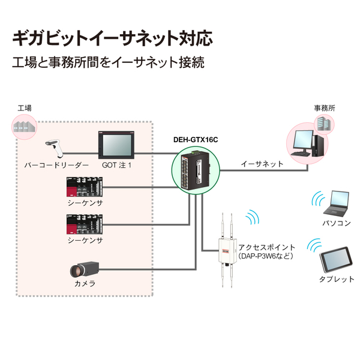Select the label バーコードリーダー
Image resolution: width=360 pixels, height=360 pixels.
point(56,164)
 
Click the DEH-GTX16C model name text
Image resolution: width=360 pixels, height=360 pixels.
point(195,139)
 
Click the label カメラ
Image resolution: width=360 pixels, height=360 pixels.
point(85,284)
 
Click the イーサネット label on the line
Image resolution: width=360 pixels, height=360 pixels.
point(262,163)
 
